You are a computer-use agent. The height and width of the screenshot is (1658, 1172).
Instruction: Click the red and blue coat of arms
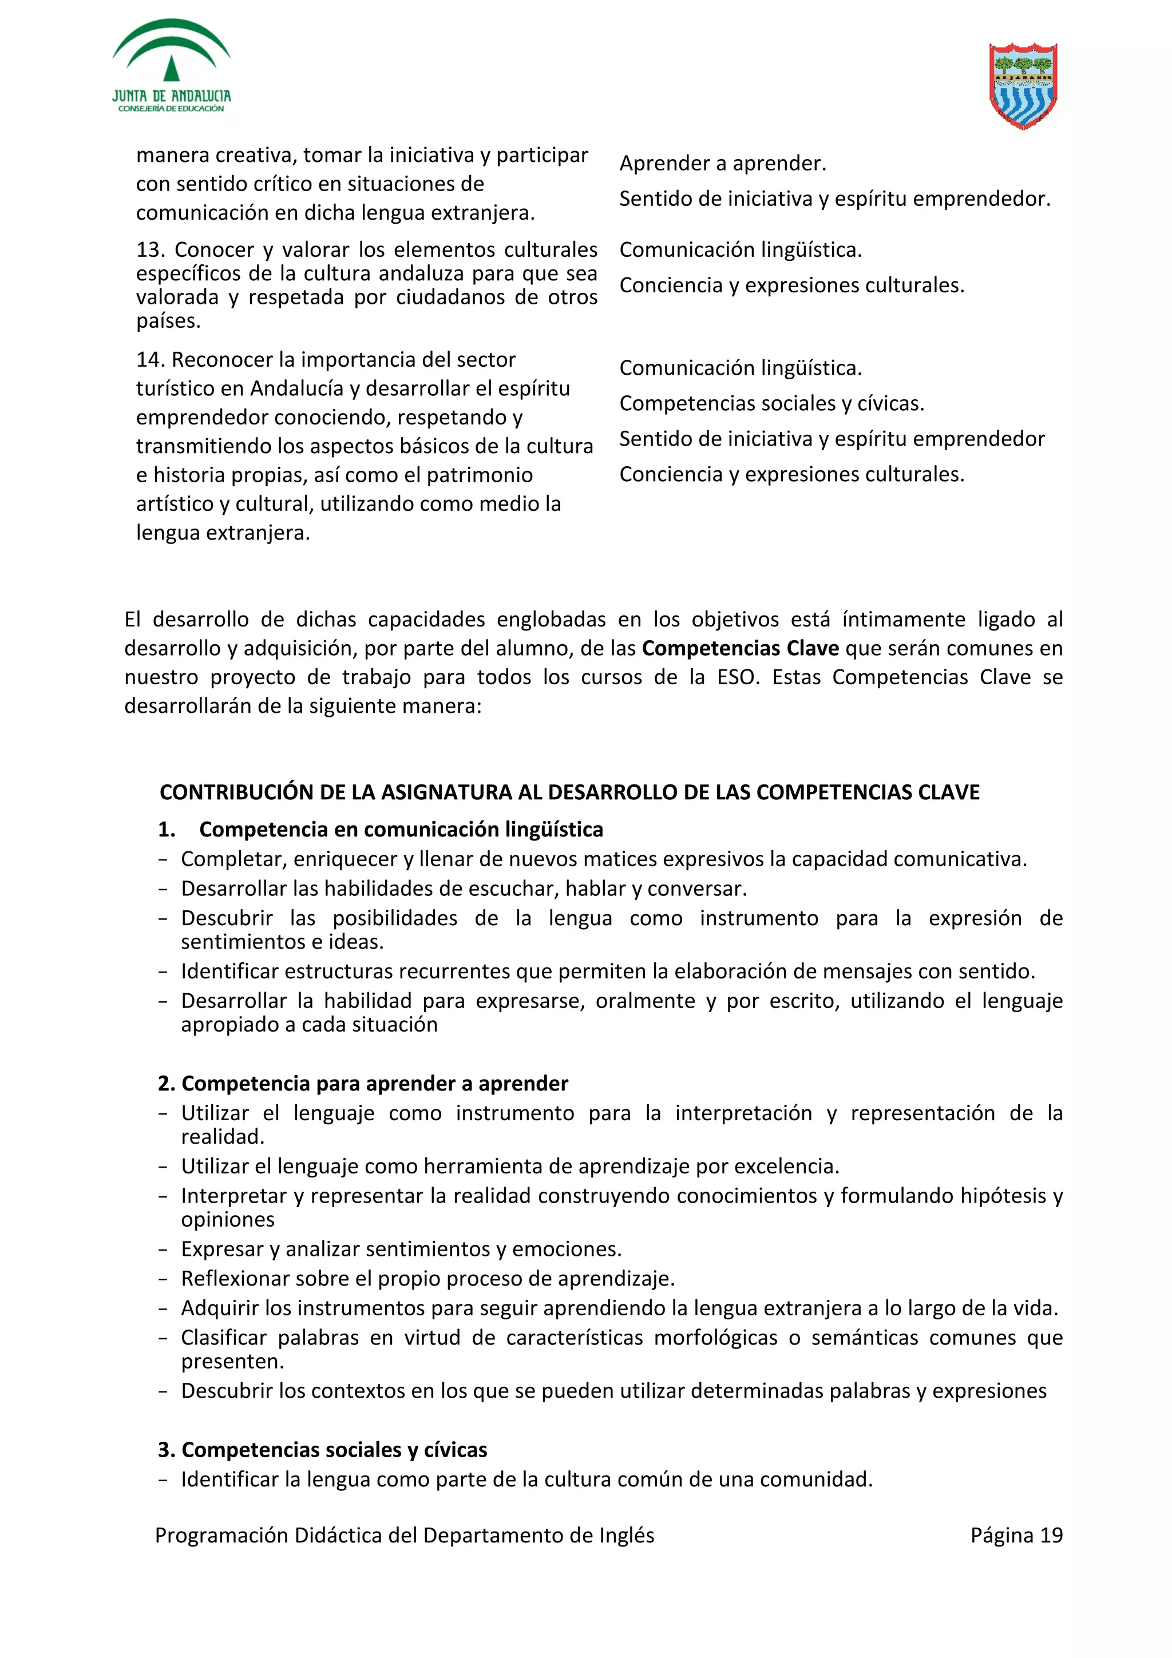click(1023, 85)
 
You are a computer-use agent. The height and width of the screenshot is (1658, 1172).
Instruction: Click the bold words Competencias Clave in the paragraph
click(740, 648)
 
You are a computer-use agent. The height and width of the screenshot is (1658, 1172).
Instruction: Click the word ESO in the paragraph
click(736, 677)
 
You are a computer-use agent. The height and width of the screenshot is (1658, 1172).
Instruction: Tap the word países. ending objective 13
click(168, 320)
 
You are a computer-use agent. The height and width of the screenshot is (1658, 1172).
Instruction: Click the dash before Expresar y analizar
click(163, 1250)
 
